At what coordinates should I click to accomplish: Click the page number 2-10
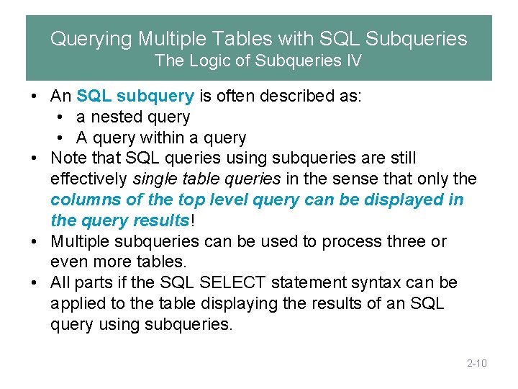click(476, 363)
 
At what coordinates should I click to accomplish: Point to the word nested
click(114, 117)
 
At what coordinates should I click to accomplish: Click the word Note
click(68, 158)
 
